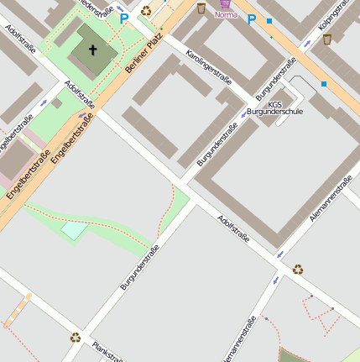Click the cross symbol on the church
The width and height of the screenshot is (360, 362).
tap(92, 50)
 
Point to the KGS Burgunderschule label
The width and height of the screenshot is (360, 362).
tap(280, 107)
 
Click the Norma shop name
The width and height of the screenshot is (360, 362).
tap(227, 15)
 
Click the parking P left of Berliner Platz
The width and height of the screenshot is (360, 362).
tap(124, 18)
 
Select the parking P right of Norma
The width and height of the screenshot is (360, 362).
tap(251, 19)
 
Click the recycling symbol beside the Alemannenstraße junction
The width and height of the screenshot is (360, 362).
tap(298, 270)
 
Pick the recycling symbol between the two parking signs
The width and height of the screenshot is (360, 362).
tap(146, 11)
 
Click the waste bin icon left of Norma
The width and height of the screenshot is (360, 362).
tap(201, 8)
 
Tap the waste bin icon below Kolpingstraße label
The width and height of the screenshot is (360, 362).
tap(326, 39)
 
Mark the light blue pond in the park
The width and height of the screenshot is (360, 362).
tap(74, 228)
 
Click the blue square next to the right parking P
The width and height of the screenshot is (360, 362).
tap(269, 20)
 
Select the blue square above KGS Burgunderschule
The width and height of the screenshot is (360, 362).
tap(324, 84)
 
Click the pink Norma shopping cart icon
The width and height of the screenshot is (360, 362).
tap(225, 3)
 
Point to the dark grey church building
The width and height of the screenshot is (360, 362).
tap(93, 48)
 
